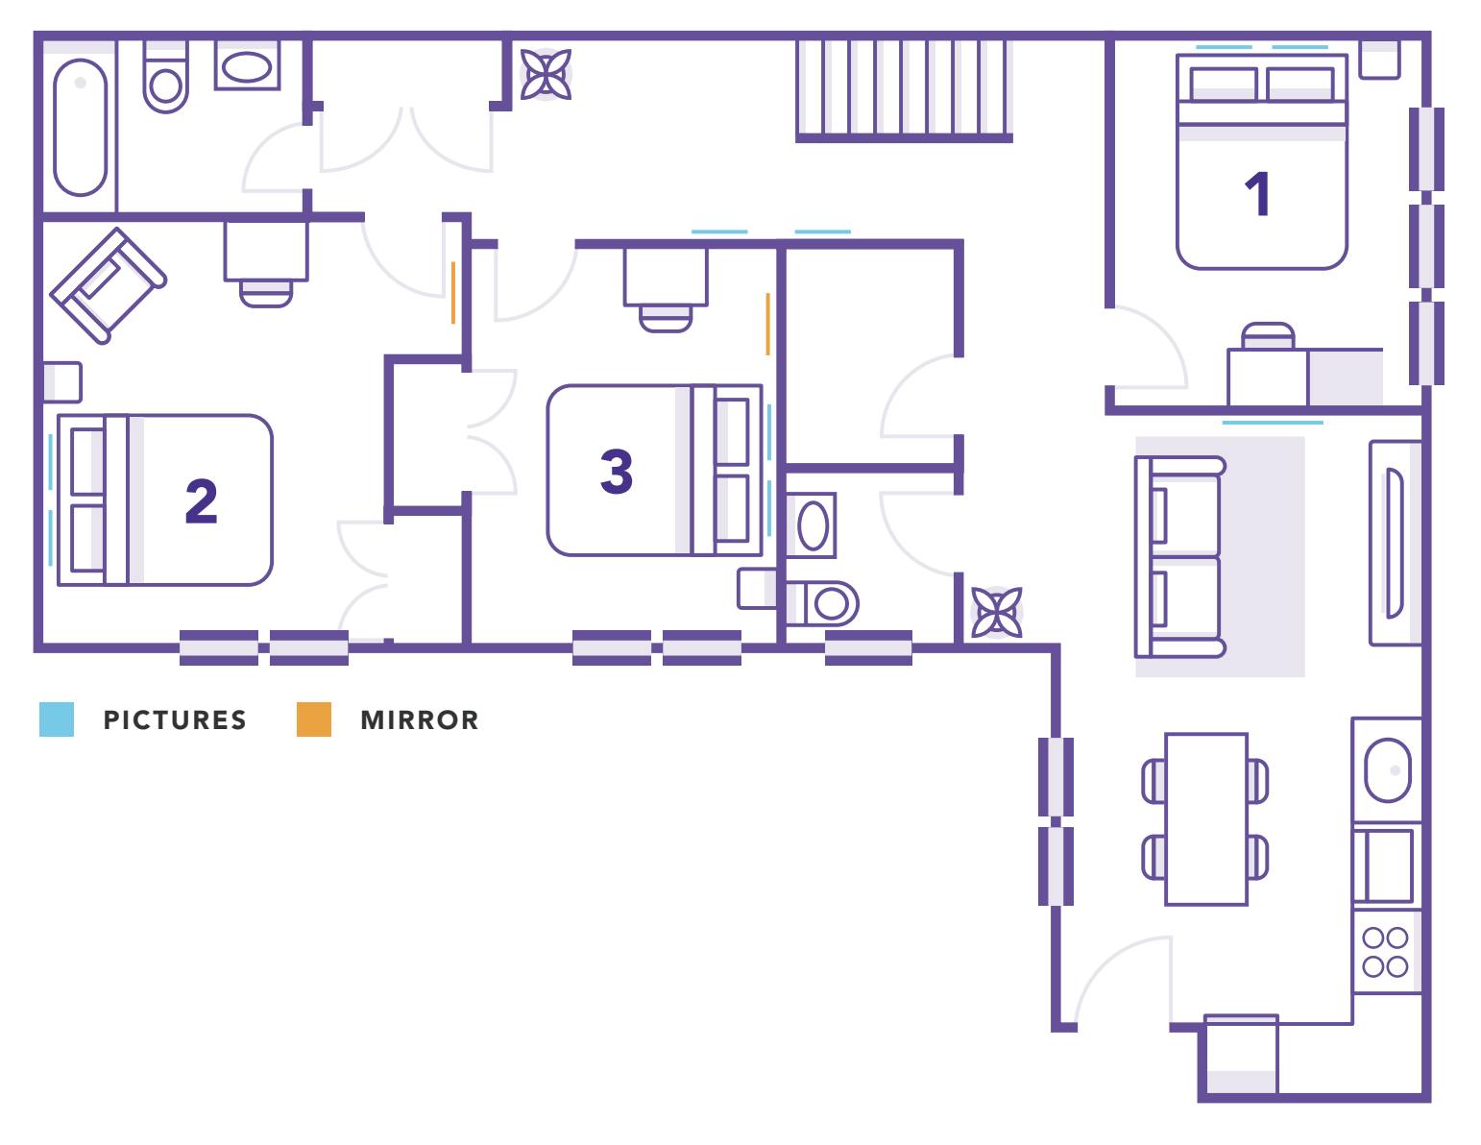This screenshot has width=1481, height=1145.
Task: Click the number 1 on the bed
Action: coord(1258,194)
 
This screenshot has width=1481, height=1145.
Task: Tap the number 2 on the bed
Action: coord(201,501)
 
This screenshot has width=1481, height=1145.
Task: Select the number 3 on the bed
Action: coord(616,471)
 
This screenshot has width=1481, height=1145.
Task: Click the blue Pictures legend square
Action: coord(57,719)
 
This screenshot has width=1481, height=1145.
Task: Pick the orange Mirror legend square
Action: coord(313,719)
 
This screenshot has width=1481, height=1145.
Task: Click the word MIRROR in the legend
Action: coord(420,719)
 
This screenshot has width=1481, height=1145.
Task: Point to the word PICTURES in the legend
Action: coord(175,719)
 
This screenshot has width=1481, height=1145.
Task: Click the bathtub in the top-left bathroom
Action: coord(81,128)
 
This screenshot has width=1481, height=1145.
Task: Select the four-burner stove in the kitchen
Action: coord(1386,952)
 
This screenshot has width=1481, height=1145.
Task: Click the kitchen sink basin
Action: coord(1388,770)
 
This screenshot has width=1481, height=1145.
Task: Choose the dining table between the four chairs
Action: coord(1206,819)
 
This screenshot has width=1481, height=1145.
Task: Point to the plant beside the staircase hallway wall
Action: coord(546,74)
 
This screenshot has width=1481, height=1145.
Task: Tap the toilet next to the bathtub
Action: coord(165,76)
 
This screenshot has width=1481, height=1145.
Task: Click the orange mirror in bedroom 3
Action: coord(768,325)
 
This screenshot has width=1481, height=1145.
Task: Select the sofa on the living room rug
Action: coord(1179,557)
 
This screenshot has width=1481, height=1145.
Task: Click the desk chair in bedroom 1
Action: coord(1268,336)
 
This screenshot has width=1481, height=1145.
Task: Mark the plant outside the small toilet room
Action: coord(996,612)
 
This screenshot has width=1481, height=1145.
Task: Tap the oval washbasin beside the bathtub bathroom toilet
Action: coord(247,66)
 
